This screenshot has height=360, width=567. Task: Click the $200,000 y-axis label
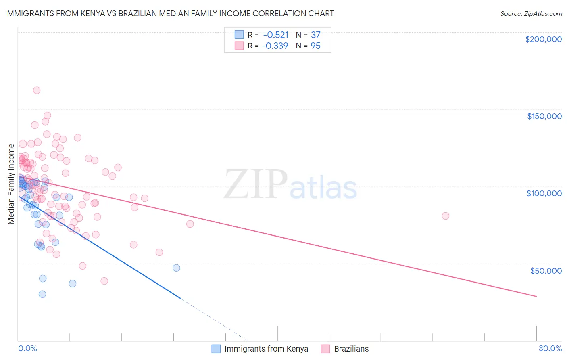543,39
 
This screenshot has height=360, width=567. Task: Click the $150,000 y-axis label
544,116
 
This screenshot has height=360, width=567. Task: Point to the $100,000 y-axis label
544,193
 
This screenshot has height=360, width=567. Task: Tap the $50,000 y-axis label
546,270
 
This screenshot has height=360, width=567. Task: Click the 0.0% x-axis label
27,348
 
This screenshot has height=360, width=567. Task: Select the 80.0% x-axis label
550,348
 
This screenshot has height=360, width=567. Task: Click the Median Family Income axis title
11,184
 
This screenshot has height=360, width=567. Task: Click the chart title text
169,13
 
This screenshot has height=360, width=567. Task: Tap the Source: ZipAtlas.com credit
531,13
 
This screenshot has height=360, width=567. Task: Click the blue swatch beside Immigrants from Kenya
216,349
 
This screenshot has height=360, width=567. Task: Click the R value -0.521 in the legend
275,35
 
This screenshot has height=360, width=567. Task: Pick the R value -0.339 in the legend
275,46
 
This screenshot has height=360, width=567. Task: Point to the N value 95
315,46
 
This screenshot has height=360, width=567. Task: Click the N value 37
315,35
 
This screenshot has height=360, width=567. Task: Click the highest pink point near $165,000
36,90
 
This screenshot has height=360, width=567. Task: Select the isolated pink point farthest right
445,216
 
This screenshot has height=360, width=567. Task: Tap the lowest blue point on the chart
42,294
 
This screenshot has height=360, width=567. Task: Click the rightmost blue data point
176,268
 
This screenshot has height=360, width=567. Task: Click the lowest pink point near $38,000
104,281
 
